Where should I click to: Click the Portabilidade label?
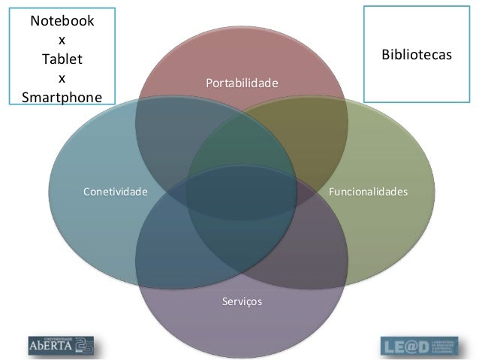242,81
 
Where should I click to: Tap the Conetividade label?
115,192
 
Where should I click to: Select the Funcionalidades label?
368,192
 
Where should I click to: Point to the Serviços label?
242,301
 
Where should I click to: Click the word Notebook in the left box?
62,21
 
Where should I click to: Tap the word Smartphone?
62,97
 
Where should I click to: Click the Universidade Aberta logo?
61,345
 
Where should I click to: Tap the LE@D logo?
417,346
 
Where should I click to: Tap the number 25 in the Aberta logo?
83,345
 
